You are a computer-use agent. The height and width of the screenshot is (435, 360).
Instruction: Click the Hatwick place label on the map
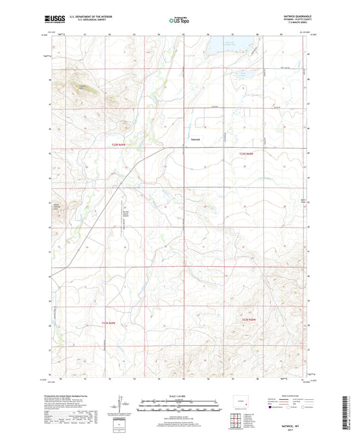click(x=197, y=139)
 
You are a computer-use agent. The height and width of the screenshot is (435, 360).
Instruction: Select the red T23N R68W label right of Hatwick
click(x=249, y=154)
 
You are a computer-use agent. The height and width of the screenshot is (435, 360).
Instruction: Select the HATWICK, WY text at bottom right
click(x=295, y=418)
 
